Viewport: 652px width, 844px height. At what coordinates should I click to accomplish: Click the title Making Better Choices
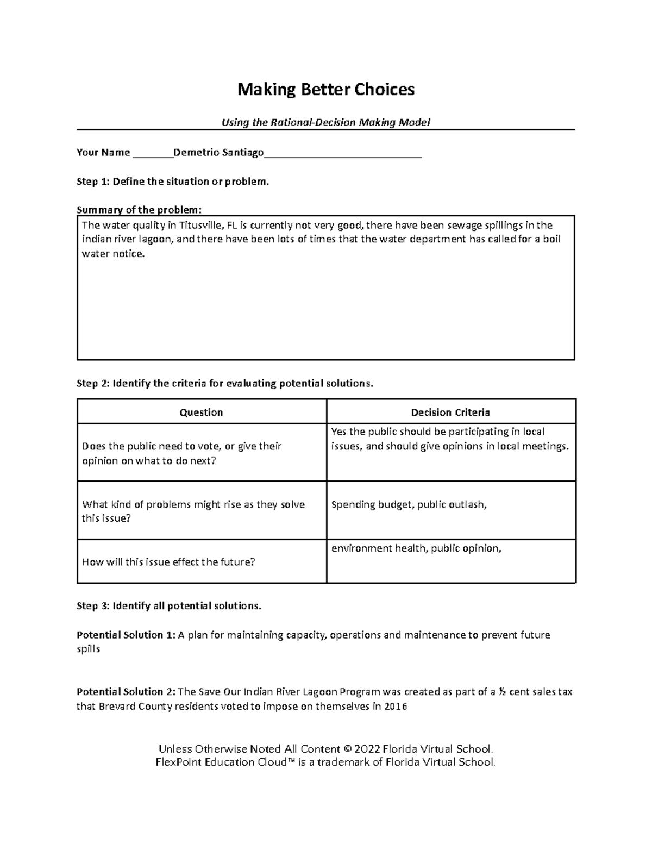[x=325, y=90]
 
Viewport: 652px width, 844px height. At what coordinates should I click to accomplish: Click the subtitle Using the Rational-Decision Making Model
[x=325, y=122]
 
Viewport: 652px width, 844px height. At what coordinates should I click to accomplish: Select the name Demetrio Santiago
[x=218, y=152]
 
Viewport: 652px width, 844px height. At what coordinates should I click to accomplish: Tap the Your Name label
[x=103, y=152]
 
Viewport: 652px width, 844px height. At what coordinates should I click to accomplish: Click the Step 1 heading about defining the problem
[x=173, y=182]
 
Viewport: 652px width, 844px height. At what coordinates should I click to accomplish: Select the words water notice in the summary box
[x=113, y=254]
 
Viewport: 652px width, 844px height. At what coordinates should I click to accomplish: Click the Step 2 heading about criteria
[x=225, y=384]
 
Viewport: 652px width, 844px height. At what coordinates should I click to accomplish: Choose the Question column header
[x=201, y=412]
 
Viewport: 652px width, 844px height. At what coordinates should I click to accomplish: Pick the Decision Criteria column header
[x=450, y=412]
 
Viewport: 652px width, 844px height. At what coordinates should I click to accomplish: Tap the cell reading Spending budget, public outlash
[x=409, y=505]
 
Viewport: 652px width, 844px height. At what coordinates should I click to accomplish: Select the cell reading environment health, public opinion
[x=416, y=548]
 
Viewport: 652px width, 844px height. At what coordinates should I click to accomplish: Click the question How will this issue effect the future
[x=168, y=562]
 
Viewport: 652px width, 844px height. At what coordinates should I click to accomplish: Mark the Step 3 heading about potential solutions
[x=169, y=606]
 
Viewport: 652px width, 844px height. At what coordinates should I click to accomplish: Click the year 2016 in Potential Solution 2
[x=395, y=707]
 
